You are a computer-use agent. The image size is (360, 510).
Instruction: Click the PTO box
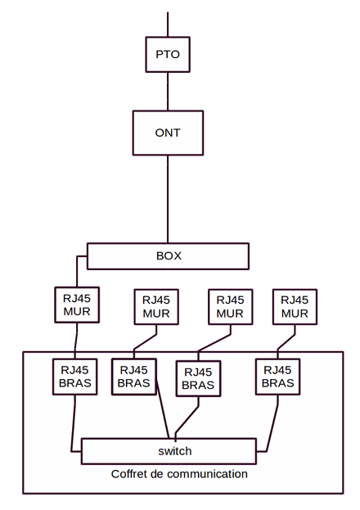[x=168, y=54]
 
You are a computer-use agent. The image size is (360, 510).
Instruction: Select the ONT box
[x=168, y=133]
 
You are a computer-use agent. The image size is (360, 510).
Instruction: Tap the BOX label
[x=169, y=256]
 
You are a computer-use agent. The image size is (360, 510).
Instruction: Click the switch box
[x=169, y=451]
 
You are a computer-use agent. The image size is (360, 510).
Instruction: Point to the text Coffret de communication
[x=179, y=474]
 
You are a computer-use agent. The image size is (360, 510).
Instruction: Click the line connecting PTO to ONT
[x=168, y=92]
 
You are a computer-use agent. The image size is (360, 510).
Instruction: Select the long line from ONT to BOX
[x=168, y=199]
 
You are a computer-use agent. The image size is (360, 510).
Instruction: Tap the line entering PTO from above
[x=168, y=25]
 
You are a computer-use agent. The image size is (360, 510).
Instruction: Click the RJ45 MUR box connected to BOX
[x=77, y=305]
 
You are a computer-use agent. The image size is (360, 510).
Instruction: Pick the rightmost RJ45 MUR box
[x=295, y=307]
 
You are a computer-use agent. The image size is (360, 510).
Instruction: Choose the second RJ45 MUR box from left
[x=156, y=307]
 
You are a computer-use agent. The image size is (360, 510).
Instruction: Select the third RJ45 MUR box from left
[x=230, y=307]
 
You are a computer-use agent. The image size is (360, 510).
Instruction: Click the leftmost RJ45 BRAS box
[x=74, y=377]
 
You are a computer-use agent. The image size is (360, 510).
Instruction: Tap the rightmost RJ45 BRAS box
[x=277, y=377]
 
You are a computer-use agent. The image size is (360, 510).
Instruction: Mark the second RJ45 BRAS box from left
[x=134, y=377]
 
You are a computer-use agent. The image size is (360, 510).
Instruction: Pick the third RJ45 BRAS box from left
[x=198, y=378]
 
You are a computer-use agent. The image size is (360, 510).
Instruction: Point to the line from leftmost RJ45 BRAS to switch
[x=73, y=423]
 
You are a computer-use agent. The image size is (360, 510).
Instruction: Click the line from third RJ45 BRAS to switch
[x=187, y=420]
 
